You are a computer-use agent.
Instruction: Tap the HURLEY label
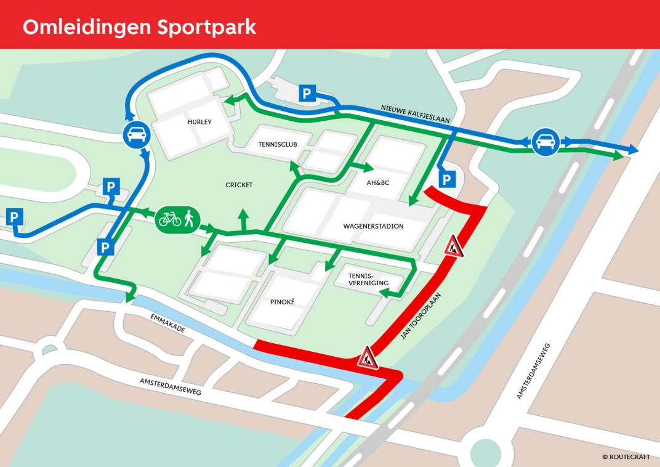pos(199,122)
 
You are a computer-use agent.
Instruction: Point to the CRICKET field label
pos(239,185)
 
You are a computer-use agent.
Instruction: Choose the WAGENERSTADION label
pos(373,226)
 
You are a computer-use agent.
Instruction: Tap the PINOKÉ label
pos(283,303)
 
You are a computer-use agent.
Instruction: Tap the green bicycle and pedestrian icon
pos(177,218)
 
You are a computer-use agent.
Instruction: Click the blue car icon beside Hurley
pos(135,135)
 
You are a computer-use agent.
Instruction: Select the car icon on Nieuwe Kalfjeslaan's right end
pos(544,142)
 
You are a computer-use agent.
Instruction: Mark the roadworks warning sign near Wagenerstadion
pos(453,246)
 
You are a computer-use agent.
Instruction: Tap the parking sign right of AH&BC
pos(447,179)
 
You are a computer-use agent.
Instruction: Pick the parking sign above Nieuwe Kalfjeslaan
pos(307,94)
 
